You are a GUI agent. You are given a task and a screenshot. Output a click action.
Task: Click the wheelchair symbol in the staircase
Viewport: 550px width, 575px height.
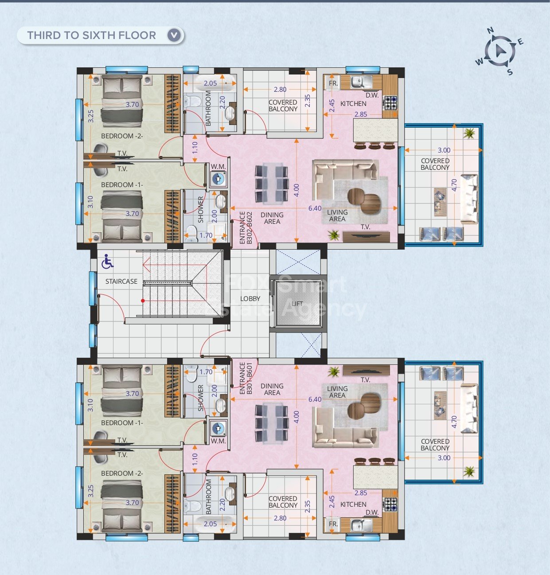pos(107,262)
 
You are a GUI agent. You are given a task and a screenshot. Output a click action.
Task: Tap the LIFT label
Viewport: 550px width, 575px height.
pos(297,304)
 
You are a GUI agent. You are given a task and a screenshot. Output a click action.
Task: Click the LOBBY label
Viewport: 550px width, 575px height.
pos(250,299)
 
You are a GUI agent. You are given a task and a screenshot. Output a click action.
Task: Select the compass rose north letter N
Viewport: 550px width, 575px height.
pos(490,30)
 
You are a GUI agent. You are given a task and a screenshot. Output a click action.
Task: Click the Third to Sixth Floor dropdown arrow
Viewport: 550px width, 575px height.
pos(174,35)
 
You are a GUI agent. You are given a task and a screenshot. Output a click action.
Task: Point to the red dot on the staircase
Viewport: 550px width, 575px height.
pos(143,301)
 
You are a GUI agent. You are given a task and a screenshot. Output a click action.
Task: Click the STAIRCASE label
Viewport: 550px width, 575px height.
pos(121,282)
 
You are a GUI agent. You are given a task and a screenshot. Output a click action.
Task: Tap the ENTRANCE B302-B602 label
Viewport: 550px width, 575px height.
pos(246,227)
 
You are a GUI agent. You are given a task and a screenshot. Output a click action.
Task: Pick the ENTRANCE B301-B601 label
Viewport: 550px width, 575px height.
pos(246,379)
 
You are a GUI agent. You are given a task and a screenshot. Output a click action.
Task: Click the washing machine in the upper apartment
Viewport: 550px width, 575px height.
pos(218,179)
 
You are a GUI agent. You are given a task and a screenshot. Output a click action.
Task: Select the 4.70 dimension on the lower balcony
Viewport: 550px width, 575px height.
pos(454,422)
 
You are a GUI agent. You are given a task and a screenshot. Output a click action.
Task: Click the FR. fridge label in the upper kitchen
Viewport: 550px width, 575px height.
pos(333,83)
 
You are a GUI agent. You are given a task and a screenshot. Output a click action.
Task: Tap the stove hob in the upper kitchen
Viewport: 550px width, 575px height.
pos(390,102)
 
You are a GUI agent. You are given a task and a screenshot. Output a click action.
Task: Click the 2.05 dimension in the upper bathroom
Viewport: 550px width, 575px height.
pos(210,83)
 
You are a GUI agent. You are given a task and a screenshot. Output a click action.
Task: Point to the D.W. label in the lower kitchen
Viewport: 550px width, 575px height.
pos(372,512)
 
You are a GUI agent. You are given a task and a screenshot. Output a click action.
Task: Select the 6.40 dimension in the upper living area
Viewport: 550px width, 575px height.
pos(315,208)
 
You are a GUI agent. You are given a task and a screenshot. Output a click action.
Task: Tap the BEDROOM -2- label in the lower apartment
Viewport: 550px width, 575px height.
pos(122,473)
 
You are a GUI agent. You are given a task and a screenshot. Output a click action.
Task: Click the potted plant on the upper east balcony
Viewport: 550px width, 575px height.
pos(469,133)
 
